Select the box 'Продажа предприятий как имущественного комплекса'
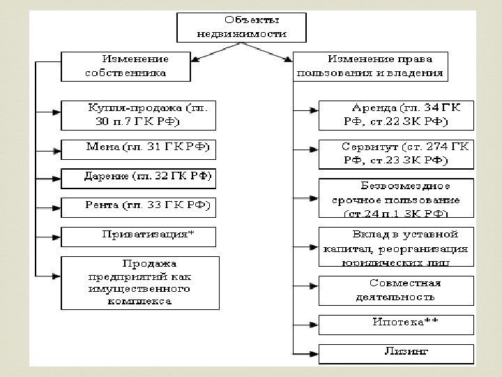(139, 283)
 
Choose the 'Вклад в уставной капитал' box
(395, 246)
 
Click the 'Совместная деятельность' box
(395, 290)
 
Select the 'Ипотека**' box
(395, 323)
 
